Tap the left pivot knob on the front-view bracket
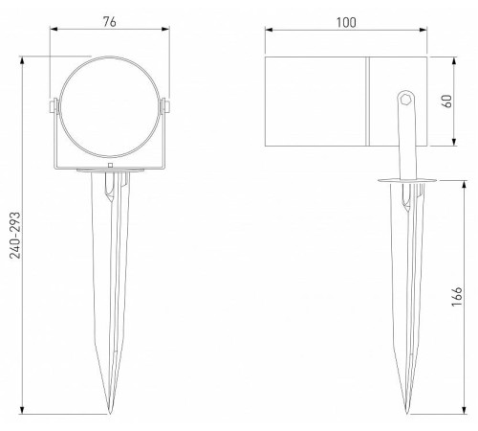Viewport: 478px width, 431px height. [54, 104]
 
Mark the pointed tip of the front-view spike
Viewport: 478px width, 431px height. [111, 416]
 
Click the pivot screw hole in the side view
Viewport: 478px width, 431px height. [405, 98]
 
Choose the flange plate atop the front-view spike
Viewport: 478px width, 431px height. [111, 172]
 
